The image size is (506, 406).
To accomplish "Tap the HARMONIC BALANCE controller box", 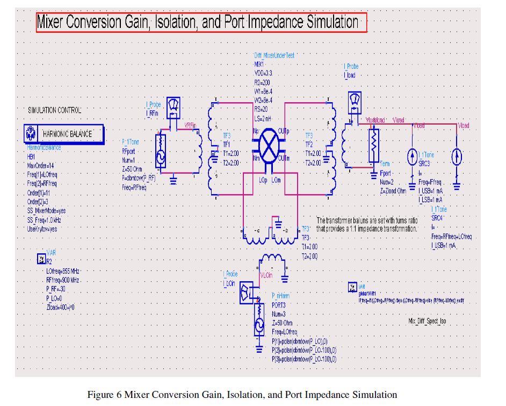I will click(x=64, y=133).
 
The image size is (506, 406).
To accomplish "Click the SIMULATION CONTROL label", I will click(x=55, y=110).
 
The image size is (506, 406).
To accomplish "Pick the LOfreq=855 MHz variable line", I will click(x=63, y=272).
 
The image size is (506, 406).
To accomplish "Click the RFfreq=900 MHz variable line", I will click(x=63, y=281).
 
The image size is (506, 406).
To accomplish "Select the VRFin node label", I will click(x=190, y=125).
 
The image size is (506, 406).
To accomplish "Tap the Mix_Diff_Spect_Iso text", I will click(x=428, y=321).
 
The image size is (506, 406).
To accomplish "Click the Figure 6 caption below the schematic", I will click(x=242, y=395).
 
